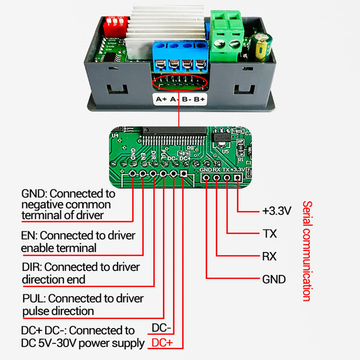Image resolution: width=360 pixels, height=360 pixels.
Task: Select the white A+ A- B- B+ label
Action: pyautogui.click(x=180, y=99)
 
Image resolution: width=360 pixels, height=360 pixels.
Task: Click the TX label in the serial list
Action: pyautogui.click(x=269, y=234)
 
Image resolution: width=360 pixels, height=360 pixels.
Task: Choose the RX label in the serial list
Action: pyautogui.click(x=269, y=256)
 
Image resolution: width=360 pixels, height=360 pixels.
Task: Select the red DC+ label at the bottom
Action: pyautogui.click(x=162, y=343)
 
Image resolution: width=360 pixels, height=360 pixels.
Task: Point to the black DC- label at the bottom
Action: pyautogui.click(x=162, y=328)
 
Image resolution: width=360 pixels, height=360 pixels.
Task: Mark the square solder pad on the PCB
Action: pyautogui.click(x=184, y=174)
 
